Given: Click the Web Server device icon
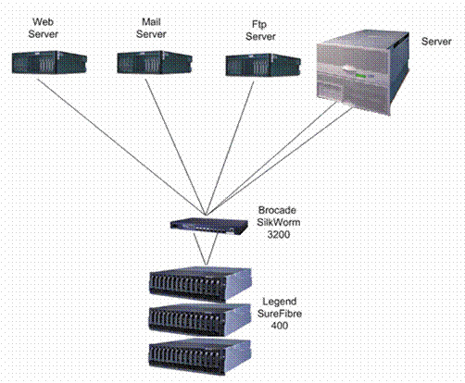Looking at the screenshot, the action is pos(49,62).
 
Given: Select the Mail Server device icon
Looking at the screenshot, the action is pos(155,62).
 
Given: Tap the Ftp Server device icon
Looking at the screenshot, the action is pos(263,65).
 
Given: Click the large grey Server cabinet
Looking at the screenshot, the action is pos(363,72).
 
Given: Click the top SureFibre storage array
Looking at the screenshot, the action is pos(200,285).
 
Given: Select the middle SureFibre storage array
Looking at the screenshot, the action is pos(200,320).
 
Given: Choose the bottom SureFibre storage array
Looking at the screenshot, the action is pos(200,357).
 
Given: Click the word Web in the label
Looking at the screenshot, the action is pos(43,22).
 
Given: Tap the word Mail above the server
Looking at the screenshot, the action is pos(151,22).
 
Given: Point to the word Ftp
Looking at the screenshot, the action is pos(259,24).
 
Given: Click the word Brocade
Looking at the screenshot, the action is pos(277,210).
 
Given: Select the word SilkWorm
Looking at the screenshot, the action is pos(279,222).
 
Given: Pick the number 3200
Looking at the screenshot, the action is pos(279,234).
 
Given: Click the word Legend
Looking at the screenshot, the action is pos(280,302).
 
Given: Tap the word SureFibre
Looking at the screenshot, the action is pos(280,314).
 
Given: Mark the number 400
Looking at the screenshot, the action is pos(280,326).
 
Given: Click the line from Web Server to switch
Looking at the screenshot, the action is pos(121,146).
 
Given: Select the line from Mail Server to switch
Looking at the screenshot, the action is pos(176,147).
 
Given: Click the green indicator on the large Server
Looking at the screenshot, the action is pos(360,76).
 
